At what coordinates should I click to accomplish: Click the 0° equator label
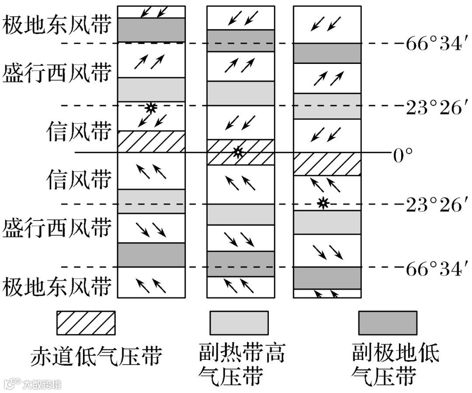click(403, 154)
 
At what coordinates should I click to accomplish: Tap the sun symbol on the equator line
click(237, 152)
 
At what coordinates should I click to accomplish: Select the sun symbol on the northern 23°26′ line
click(151, 107)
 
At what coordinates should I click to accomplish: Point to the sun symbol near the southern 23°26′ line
click(323, 203)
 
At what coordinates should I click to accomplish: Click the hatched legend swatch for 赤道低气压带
click(86, 323)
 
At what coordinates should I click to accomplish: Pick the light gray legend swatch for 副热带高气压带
click(239, 323)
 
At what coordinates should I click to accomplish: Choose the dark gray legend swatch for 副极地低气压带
click(387, 323)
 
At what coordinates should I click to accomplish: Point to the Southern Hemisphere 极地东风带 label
click(56, 288)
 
